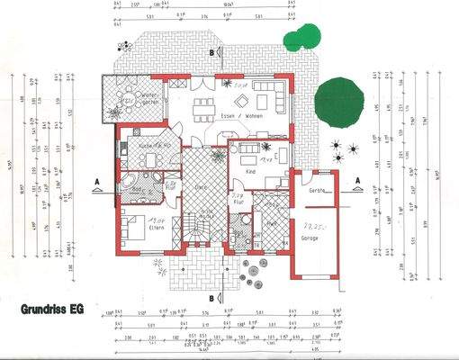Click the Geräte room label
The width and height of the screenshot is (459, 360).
click(315, 192)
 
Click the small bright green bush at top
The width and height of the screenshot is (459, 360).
click(298, 37)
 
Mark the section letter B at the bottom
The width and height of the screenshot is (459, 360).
click(211, 297)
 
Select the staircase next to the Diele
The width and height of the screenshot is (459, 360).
click(195, 227)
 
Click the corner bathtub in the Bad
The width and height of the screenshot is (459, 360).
click(133, 185)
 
